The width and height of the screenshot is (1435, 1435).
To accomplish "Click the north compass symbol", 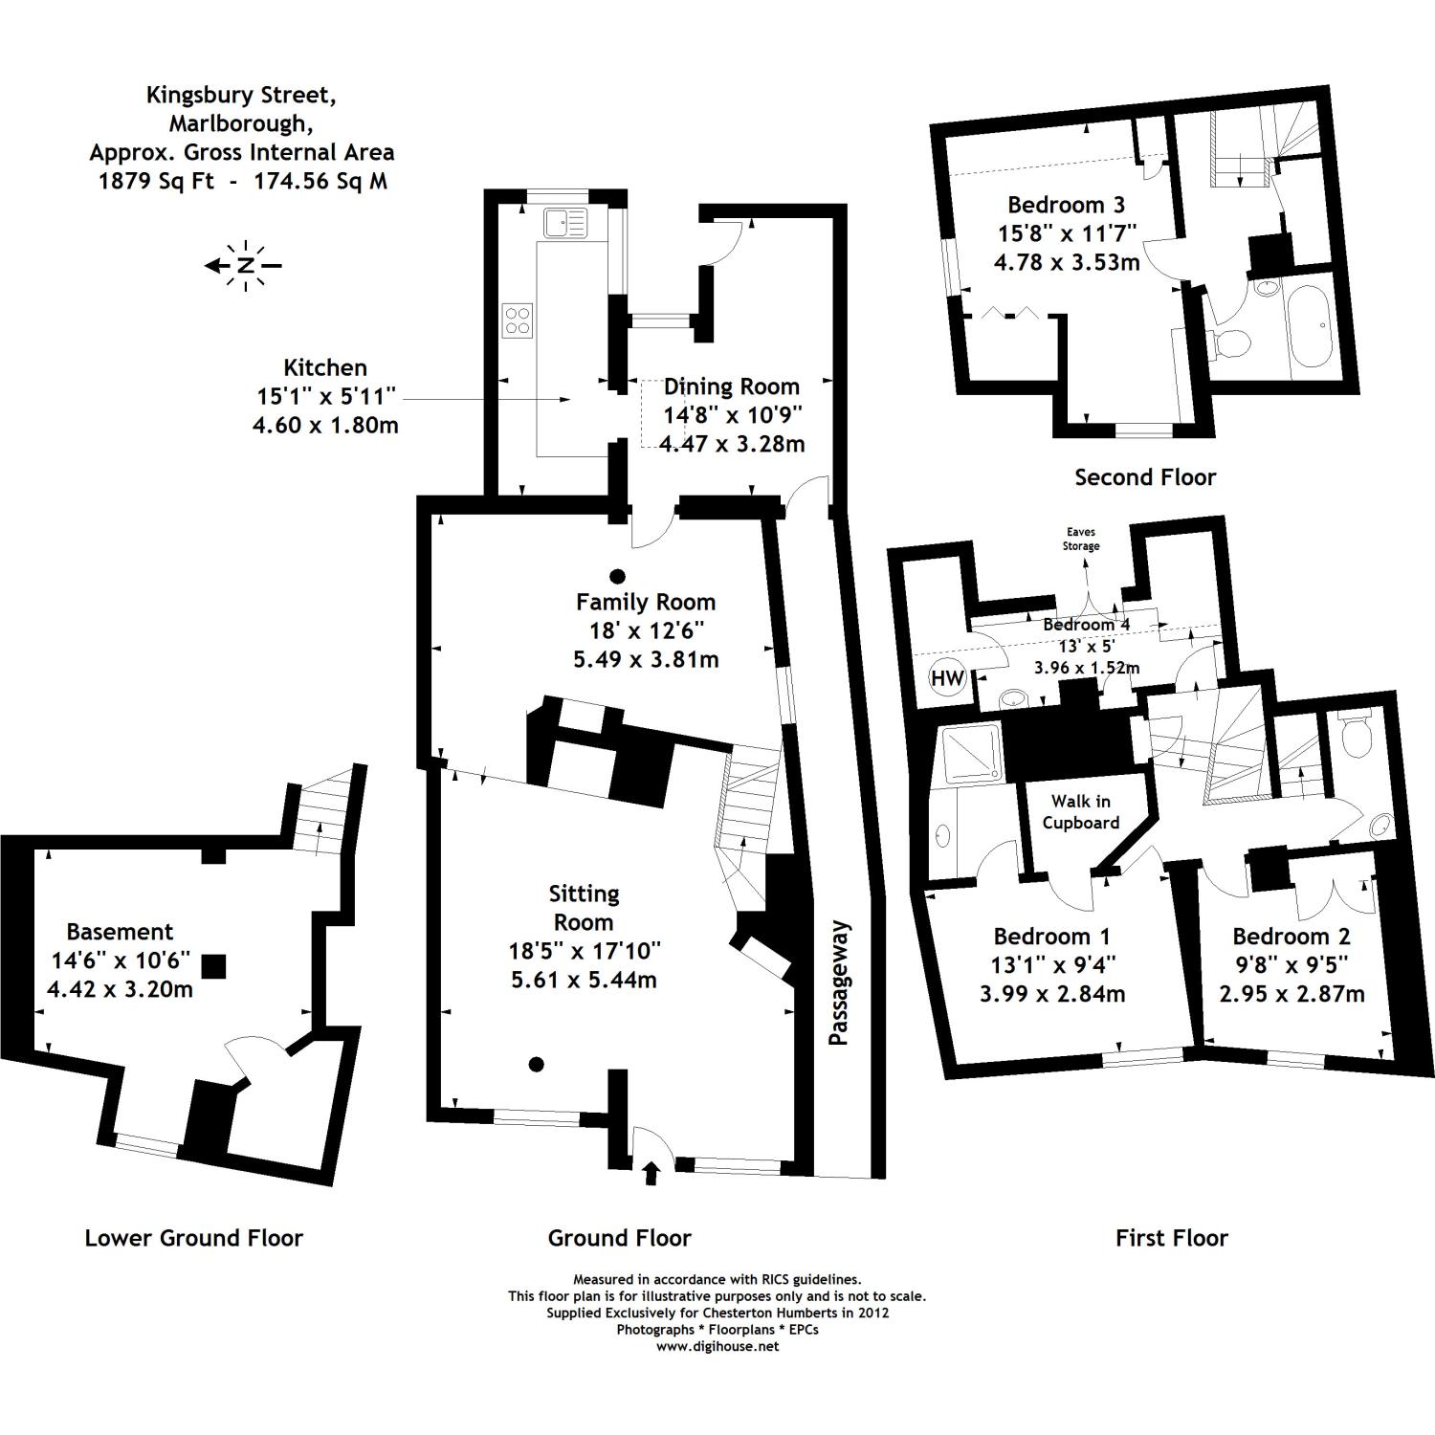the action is tap(246, 265).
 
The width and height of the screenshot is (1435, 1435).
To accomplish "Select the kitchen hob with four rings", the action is tap(518, 320).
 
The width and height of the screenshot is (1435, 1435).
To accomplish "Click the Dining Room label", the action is tap(732, 386).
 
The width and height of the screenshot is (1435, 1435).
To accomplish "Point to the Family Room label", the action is tap(646, 602).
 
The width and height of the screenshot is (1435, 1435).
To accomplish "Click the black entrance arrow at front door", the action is tap(651, 1172).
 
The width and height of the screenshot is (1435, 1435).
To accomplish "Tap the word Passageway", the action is tap(839, 982).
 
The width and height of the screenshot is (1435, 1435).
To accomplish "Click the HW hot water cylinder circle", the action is tap(947, 679).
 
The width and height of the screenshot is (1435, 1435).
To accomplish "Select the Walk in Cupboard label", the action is tap(1081, 812).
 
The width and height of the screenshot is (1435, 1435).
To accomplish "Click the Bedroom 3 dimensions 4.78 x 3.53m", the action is tap(1067, 262).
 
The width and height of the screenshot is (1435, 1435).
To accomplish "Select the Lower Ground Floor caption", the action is tap(194, 1238).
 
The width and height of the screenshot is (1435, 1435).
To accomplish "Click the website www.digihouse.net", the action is tap(717, 1346).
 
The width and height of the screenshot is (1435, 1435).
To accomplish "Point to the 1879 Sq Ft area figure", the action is tap(157, 181).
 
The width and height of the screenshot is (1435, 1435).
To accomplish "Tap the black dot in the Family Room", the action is tap(618, 576).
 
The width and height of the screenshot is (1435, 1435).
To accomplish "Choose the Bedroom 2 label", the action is tap(1291, 936).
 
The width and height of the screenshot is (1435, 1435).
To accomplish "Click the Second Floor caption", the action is tap(1145, 477).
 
